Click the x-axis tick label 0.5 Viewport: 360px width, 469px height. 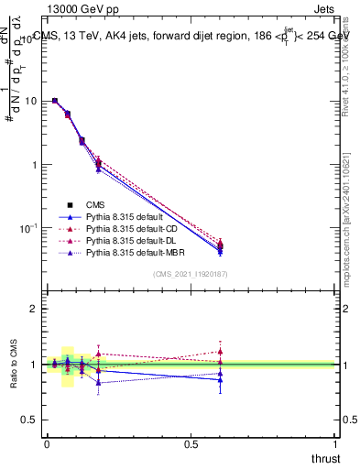(191, 443)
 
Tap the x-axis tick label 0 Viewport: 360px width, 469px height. (46, 443)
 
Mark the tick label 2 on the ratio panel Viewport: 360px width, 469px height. (35, 310)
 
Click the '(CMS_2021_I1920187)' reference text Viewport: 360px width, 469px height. (191, 273)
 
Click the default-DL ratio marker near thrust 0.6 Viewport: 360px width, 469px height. (220, 351)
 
